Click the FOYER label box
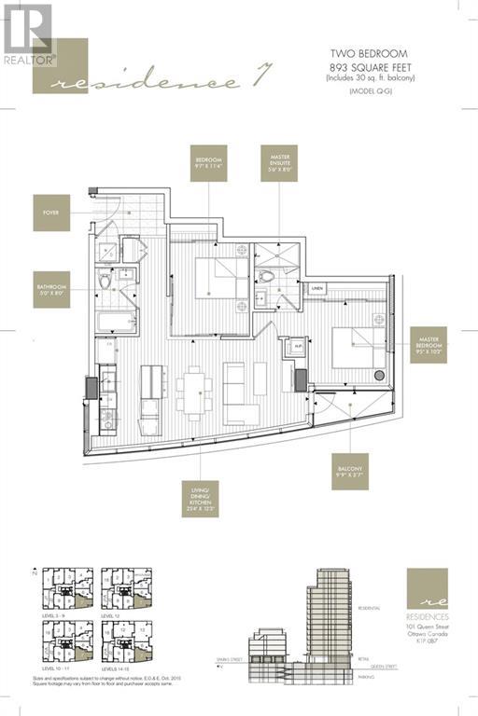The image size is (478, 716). click(x=50, y=212)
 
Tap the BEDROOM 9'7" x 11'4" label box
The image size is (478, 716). click(x=208, y=164)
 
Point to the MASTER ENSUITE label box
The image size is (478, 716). click(x=278, y=164)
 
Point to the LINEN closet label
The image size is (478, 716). click(x=318, y=289)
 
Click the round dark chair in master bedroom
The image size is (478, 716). click(x=379, y=376)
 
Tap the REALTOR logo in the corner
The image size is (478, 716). click(x=28, y=35)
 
